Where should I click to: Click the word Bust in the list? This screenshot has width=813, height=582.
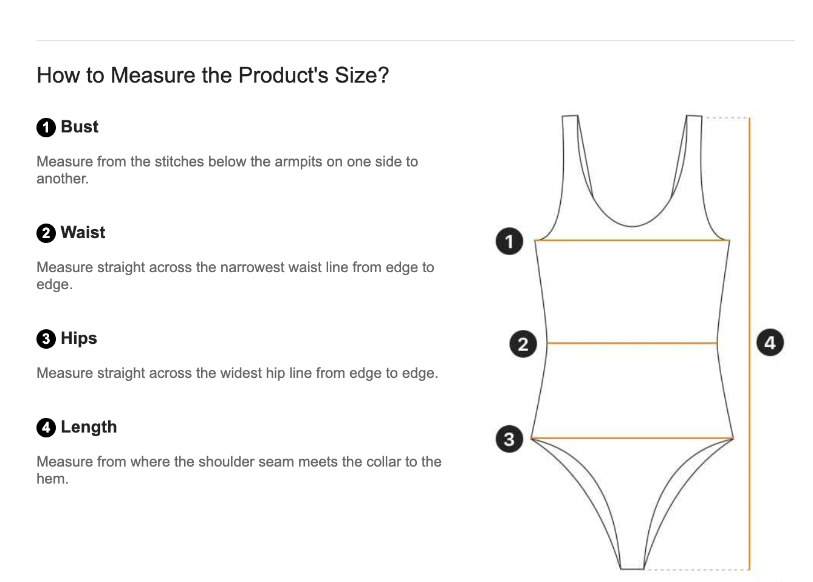coord(80,127)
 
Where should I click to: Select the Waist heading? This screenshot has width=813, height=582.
coord(83,233)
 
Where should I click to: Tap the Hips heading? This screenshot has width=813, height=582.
coord(79,339)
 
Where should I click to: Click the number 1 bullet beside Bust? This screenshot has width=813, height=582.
coord(46,128)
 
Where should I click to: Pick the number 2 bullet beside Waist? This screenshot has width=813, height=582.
coord(46,233)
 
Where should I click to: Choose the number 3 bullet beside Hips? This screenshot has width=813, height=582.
coord(46,339)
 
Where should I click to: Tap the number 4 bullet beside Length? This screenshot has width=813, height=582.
coord(46,428)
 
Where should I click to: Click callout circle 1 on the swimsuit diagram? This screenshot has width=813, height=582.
coord(510,241)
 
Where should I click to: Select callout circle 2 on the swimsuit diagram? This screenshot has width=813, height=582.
coord(523,344)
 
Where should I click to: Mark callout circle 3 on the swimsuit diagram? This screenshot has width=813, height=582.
coord(510,439)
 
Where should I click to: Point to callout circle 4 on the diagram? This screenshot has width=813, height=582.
coord(770,343)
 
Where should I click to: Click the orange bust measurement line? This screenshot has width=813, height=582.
coord(632,240)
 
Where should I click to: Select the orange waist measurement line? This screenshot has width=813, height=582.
coord(632,343)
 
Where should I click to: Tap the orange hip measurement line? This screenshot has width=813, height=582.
coord(632,438)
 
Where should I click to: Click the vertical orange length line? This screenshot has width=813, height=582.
coord(749,344)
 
